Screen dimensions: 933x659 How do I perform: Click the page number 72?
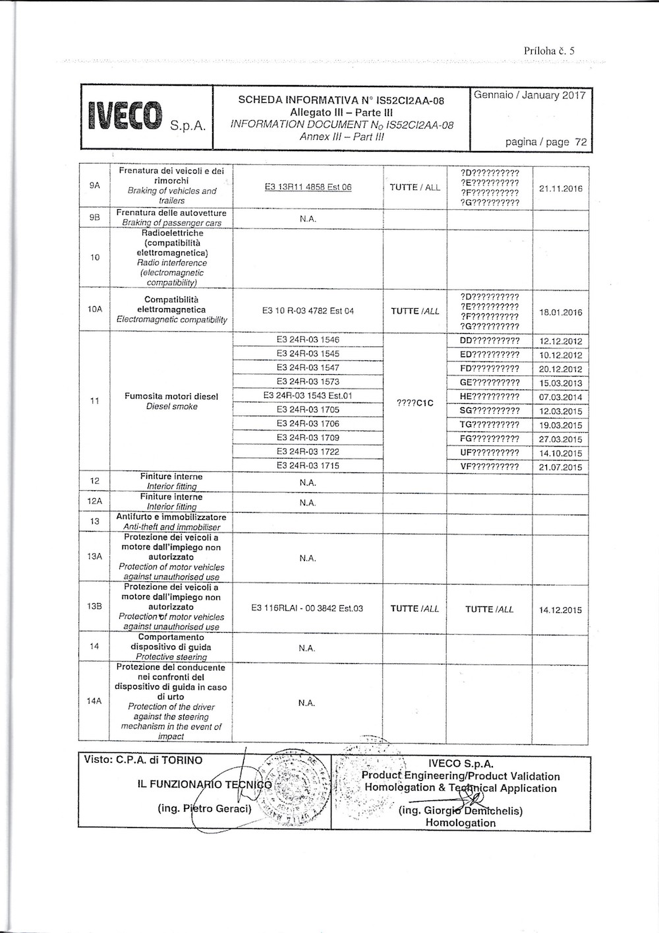pos(581,142)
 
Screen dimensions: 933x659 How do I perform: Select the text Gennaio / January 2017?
pos(530,95)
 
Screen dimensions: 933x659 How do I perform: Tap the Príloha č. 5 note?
pos(550,50)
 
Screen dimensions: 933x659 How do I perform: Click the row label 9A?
pos(94,186)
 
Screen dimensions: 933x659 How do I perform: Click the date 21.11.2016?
pos(561,188)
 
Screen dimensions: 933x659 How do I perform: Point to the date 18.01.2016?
pos(561,312)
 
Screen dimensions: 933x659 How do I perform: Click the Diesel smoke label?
pos(171,406)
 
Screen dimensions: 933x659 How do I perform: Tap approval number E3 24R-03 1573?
pos(308,381)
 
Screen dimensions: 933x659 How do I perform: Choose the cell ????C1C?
pos(415,402)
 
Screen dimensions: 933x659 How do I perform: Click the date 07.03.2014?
pos(561,397)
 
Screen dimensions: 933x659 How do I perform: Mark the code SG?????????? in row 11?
pos(489,410)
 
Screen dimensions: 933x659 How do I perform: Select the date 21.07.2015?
pos(561,467)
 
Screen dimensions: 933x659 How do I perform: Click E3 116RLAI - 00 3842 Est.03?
pos(307,608)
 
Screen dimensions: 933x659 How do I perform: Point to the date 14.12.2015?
pos(561,610)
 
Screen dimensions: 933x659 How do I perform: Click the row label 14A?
pos(94,701)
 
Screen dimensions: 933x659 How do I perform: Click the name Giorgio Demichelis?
pos(461,811)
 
